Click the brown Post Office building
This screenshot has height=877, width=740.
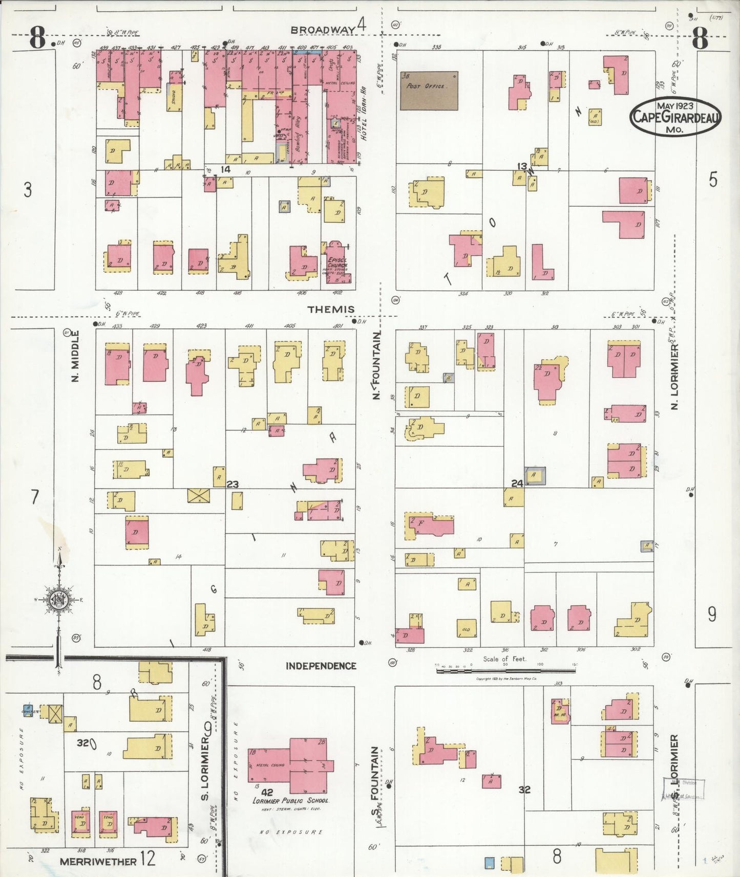(x=429, y=91)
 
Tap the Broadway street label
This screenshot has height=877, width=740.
(x=323, y=30)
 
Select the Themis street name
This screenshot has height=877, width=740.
(x=331, y=309)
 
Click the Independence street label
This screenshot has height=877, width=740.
(x=321, y=666)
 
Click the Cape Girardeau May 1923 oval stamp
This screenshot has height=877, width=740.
(x=675, y=116)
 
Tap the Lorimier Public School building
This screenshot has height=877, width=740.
(x=290, y=765)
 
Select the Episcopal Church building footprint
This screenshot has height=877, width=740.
(x=336, y=262)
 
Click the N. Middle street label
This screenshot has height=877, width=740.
(x=75, y=356)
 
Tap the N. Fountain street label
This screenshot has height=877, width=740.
(x=377, y=365)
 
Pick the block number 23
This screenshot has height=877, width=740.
(x=232, y=484)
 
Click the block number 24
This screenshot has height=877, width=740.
(x=517, y=483)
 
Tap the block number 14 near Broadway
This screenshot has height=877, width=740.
(x=225, y=169)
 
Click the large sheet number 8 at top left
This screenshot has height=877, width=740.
(x=37, y=38)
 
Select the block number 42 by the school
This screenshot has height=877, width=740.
(x=267, y=792)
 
